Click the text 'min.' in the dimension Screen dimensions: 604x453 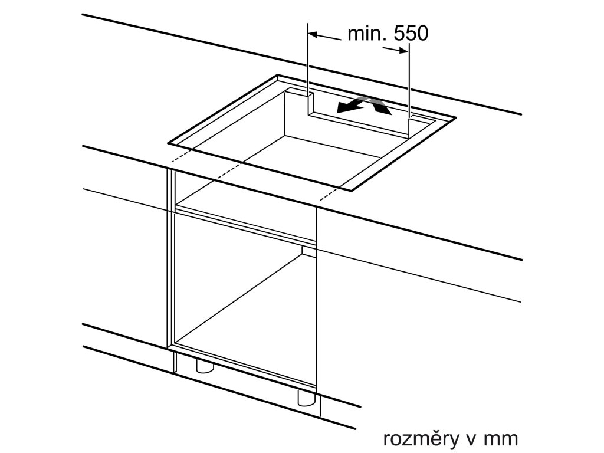(x=366, y=34)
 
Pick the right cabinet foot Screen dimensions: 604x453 (x=306, y=398)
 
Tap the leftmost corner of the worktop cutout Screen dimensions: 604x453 (x=169, y=142)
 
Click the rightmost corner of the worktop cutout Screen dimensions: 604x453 (x=455, y=117)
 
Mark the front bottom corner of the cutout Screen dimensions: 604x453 (x=355, y=190)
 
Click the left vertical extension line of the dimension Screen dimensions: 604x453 (x=308, y=59)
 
